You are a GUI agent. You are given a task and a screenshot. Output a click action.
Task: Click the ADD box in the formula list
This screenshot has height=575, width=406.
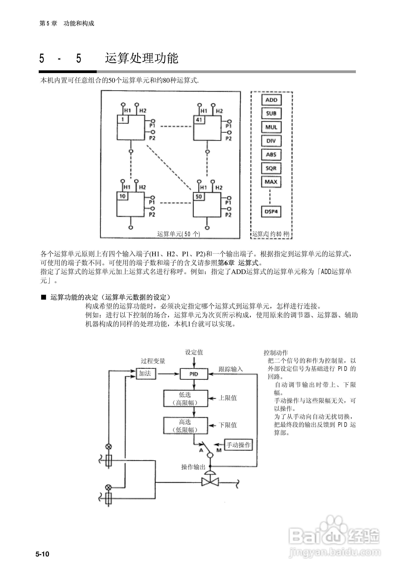(271, 100)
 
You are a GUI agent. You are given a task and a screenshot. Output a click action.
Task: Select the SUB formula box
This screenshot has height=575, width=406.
(271, 114)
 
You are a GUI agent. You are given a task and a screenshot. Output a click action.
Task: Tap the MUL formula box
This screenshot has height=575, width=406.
(271, 127)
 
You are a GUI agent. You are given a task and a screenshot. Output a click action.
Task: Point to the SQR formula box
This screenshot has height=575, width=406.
(271, 168)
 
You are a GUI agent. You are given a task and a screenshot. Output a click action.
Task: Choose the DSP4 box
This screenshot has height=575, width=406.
(271, 212)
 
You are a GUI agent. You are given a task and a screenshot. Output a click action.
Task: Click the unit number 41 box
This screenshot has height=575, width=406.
(199, 120)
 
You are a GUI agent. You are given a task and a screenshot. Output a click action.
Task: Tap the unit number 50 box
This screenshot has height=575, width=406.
(199, 197)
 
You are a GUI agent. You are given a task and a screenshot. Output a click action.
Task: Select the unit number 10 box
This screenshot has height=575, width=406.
(122, 196)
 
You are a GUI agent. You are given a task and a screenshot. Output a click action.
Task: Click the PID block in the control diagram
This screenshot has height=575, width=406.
(194, 374)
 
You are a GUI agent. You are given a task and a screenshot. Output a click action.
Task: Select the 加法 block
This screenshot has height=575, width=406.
(146, 374)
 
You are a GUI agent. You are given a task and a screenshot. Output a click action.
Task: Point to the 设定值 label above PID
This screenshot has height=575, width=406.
(194, 353)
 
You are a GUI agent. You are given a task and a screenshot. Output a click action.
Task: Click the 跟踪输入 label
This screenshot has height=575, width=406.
(230, 369)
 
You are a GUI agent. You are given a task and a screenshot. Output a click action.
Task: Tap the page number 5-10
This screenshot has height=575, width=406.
(42, 554)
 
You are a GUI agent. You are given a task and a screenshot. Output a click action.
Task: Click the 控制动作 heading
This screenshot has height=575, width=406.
(276, 353)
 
